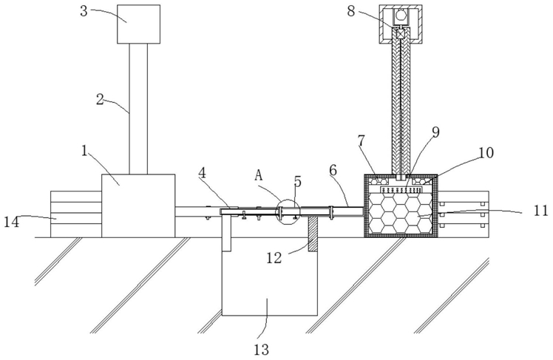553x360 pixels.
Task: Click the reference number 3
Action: [x=84, y=11]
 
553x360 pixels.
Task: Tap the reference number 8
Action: [x=351, y=11]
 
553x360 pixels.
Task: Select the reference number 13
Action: [x=261, y=350]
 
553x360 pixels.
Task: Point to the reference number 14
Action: [x=11, y=222]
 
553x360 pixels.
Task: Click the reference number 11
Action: [x=540, y=211]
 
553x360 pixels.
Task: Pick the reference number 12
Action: [x=274, y=258]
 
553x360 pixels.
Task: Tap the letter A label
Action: [x=259, y=175]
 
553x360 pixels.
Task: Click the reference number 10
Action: [x=486, y=153]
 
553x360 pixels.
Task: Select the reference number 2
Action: [x=100, y=99]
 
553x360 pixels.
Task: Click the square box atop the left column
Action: [x=138, y=24]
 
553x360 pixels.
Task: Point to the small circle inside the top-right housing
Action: [x=401, y=16]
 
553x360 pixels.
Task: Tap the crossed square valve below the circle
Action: [x=401, y=34]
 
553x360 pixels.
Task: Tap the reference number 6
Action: [x=333, y=170]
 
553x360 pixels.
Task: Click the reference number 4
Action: [x=202, y=173]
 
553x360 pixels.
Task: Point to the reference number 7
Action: [x=361, y=141]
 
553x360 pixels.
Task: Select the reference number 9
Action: [x=436, y=132]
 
